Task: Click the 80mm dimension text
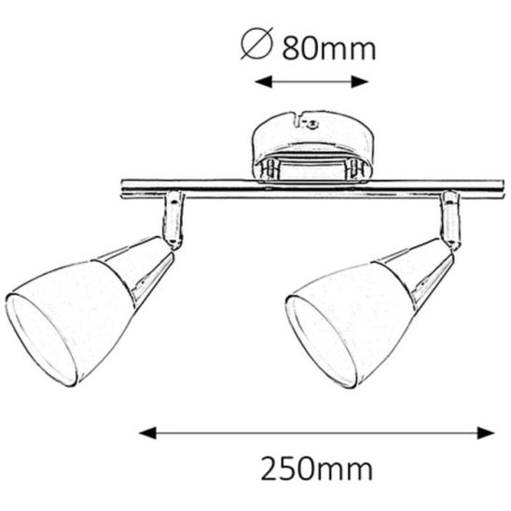pyautogui.click(x=328, y=48)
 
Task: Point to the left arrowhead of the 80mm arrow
pyautogui.click(x=262, y=82)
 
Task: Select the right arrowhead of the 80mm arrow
pyautogui.click(x=366, y=82)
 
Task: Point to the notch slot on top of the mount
pyautogui.click(x=298, y=118)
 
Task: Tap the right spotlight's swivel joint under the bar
pyautogui.click(x=450, y=219)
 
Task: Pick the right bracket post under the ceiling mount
pyautogui.click(x=354, y=169)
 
